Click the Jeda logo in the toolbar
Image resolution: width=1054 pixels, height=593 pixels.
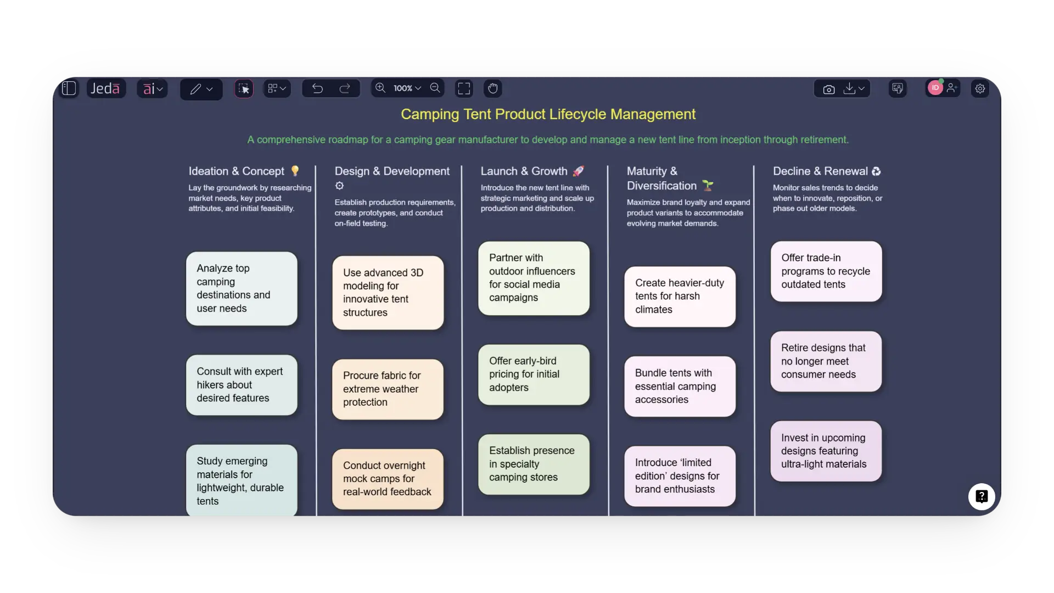coord(105,88)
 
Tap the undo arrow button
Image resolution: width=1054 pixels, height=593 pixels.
coord(317,88)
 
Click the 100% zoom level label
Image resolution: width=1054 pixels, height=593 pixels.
coord(403,88)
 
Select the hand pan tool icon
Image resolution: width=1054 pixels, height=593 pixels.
coord(492,88)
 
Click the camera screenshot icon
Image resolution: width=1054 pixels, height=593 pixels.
coord(828,89)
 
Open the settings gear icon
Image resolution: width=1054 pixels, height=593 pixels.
coord(980,88)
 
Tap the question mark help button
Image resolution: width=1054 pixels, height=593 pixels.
coord(982,496)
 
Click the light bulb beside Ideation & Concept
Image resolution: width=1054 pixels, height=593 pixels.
coord(295,171)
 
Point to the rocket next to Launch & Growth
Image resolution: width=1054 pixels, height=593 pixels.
coord(578,171)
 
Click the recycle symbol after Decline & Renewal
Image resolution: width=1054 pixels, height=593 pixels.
coord(876,171)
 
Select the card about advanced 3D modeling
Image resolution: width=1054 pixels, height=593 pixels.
coord(388,293)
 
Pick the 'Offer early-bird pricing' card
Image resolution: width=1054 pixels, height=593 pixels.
coord(534,374)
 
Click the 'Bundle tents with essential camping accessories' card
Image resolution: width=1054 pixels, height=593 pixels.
coord(680,386)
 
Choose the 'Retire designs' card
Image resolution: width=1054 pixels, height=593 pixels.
coord(826,361)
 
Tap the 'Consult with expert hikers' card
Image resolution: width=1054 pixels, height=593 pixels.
coord(242,385)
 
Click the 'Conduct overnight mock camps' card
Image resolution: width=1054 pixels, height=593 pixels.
coord(388,479)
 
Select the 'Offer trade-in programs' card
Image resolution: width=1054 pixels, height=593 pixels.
coord(826,271)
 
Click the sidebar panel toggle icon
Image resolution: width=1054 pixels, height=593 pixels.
coord(69,88)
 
